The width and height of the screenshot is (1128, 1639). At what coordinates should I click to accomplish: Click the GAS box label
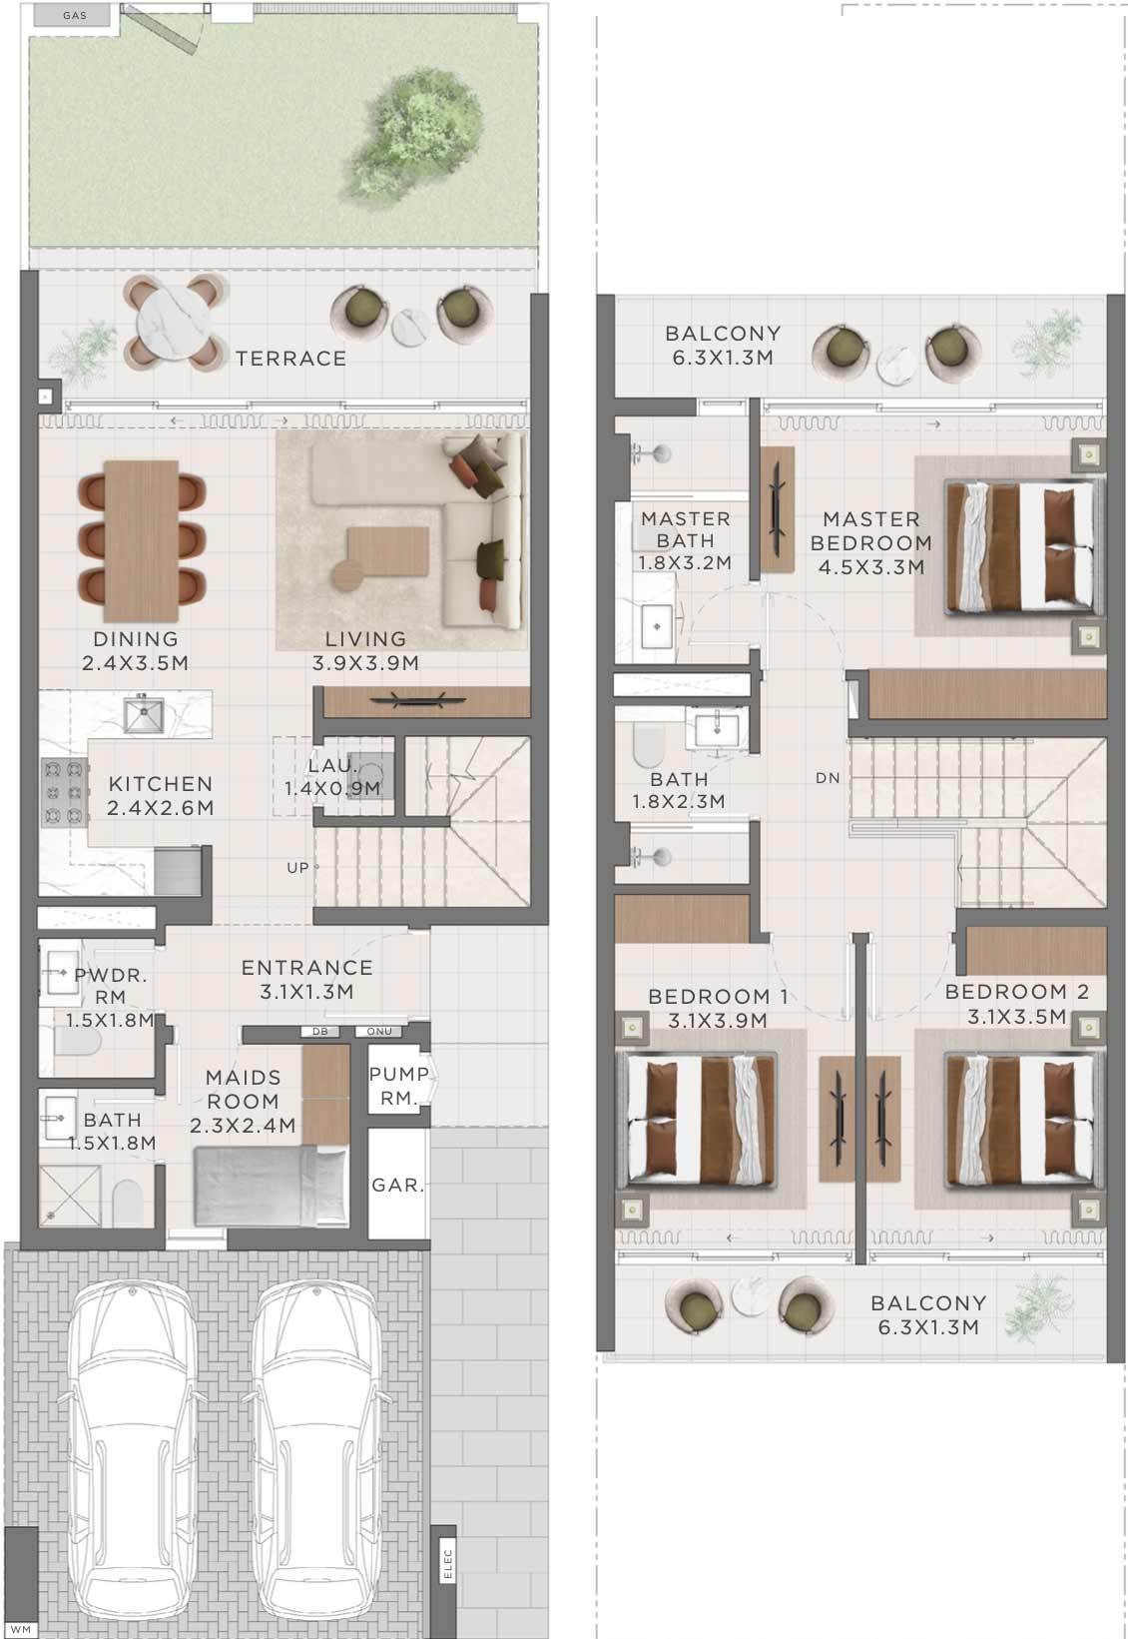pyautogui.click(x=75, y=15)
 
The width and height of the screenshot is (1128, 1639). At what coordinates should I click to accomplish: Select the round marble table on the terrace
pyautogui.click(x=174, y=322)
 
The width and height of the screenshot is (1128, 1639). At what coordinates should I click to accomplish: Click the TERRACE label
pyautogui.click(x=290, y=359)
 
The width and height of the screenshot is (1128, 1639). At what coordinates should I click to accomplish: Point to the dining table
pyautogui.click(x=141, y=540)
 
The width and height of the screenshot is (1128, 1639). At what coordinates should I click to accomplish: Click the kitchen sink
pyautogui.click(x=144, y=715)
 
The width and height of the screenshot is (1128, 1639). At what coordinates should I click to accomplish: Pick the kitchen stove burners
pyautogui.click(x=64, y=792)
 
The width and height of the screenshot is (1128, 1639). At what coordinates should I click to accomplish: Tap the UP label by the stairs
pyautogui.click(x=297, y=868)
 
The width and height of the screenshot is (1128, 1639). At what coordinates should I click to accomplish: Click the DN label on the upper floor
pyautogui.click(x=828, y=778)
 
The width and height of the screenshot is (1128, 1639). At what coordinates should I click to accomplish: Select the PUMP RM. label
pyautogui.click(x=398, y=1086)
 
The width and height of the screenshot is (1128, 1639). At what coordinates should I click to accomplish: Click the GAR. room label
pyautogui.click(x=398, y=1185)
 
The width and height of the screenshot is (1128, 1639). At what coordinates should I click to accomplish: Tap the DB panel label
pyautogui.click(x=320, y=1032)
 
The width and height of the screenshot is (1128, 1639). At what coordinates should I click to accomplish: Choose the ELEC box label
pyautogui.click(x=447, y=1564)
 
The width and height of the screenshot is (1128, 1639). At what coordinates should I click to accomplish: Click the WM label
pyautogui.click(x=21, y=1629)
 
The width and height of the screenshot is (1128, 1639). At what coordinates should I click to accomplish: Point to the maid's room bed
pyautogui.click(x=271, y=1187)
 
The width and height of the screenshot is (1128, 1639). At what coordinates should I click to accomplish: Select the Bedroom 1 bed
pyautogui.click(x=697, y=1121)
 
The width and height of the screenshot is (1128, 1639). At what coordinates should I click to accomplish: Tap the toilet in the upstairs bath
pyautogui.click(x=648, y=745)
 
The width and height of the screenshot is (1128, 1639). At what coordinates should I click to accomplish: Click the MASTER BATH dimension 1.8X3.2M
pyautogui.click(x=685, y=563)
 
